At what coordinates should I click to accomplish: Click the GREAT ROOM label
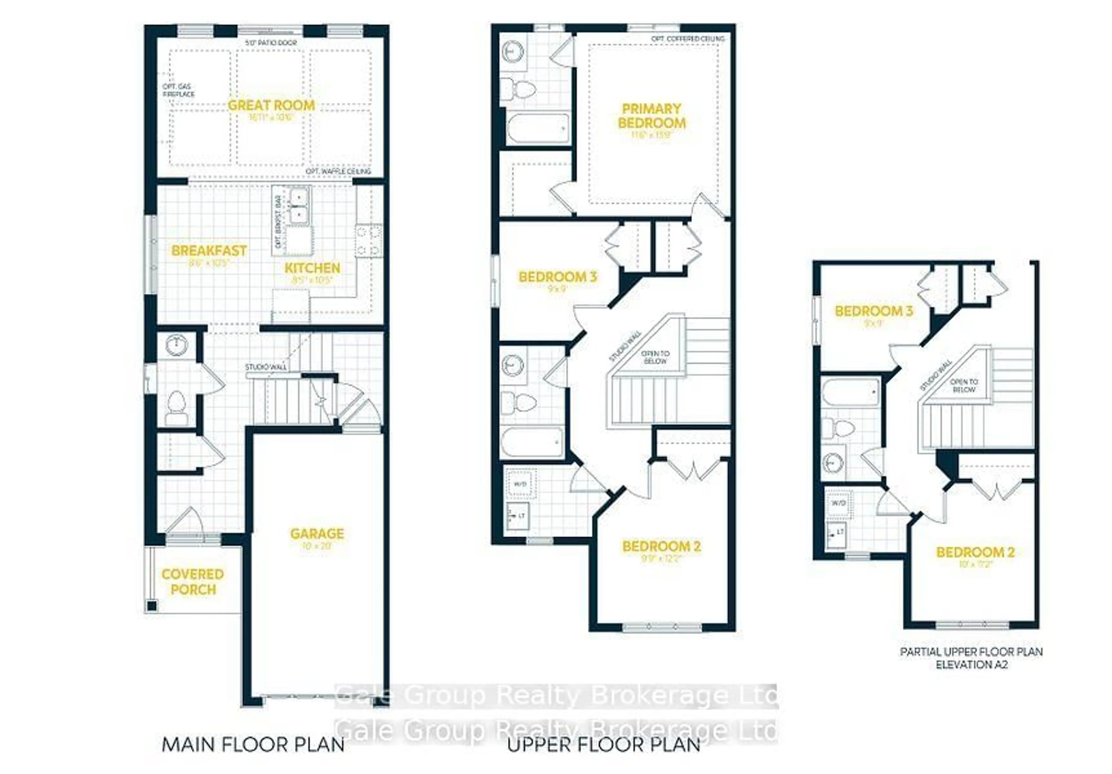(271, 106)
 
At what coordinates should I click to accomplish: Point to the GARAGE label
(317, 534)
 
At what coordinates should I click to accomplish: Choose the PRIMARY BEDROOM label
(651, 116)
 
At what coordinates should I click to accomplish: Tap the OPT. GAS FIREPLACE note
(178, 90)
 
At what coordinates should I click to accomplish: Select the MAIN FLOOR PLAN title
(253, 744)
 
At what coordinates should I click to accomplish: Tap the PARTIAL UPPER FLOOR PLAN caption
(971, 652)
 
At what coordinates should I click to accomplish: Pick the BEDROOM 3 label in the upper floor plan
(557, 277)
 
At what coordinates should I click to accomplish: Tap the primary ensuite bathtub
(537, 128)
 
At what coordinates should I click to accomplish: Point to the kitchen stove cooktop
(369, 241)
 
